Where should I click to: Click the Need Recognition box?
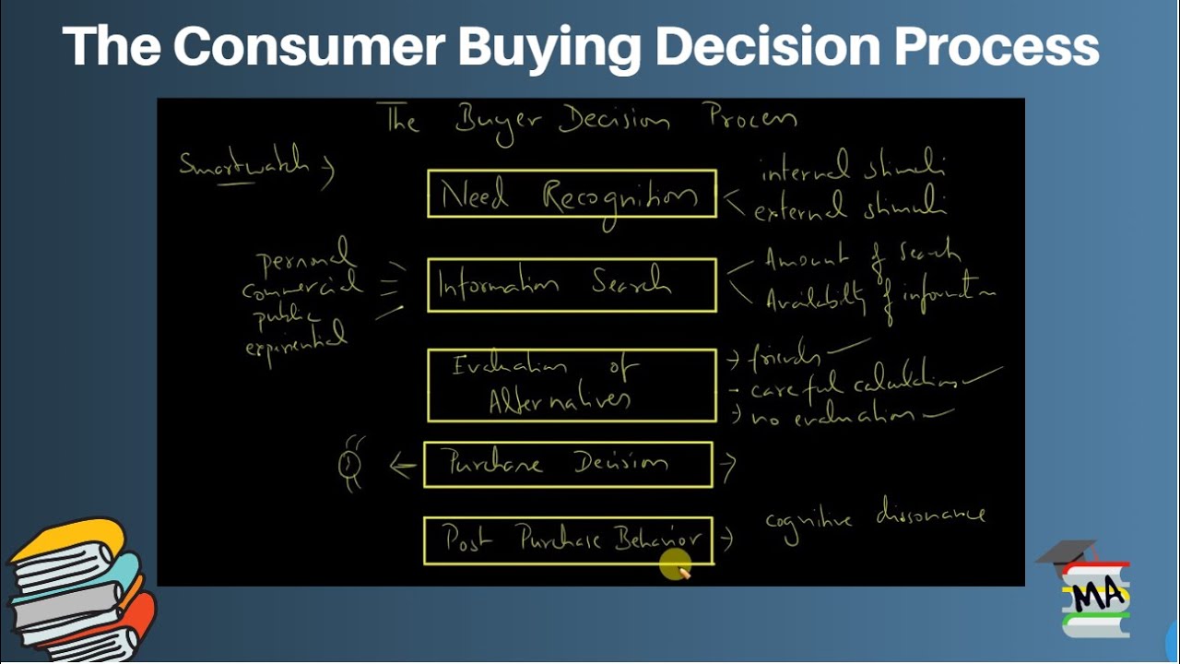click(572, 194)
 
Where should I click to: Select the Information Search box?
click(572, 285)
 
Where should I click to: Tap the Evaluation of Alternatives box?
click(572, 385)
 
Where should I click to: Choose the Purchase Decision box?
click(568, 464)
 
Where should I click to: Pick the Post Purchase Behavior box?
click(568, 539)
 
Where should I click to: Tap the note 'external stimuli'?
click(850, 208)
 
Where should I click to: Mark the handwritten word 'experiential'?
click(296, 342)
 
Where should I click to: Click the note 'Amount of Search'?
click(862, 257)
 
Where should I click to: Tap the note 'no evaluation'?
click(834, 416)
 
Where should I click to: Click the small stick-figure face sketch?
click(350, 464)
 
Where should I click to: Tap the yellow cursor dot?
click(674, 563)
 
